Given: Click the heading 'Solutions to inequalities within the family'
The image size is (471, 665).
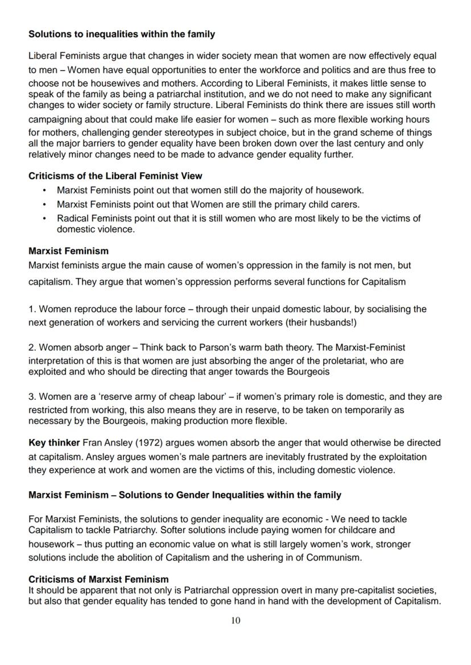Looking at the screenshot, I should point(122,35).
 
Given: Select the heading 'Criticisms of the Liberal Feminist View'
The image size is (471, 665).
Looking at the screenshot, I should point(115,176).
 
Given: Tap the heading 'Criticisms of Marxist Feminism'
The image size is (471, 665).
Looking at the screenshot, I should point(98,579).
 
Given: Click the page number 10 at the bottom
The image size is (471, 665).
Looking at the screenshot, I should point(235,621).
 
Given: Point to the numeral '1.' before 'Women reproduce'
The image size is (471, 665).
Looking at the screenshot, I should point(32,310).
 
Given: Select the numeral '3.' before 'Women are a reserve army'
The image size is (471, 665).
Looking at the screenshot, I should point(32,397).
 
